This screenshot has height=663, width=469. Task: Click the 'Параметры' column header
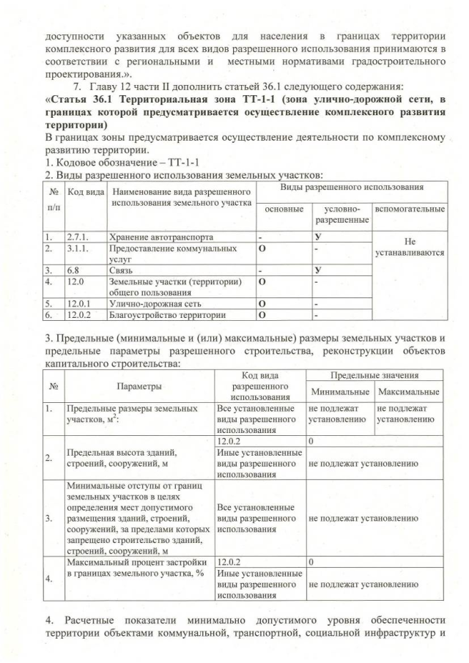point(139,385)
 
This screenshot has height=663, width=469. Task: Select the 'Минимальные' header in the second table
point(338,391)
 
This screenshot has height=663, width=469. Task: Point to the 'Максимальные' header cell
point(407,391)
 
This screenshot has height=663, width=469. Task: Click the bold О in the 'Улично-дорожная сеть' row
point(261,304)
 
